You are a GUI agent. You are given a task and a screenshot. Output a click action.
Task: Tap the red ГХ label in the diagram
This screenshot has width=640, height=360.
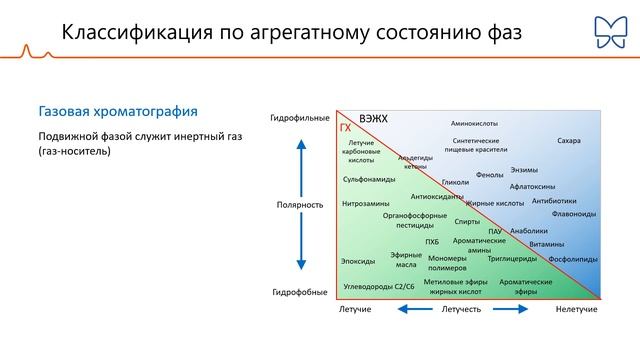(x=345, y=129)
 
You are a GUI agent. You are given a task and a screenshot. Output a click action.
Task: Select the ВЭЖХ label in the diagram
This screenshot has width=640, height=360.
(x=373, y=119)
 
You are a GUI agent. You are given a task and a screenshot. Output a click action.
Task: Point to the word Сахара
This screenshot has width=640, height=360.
(x=569, y=141)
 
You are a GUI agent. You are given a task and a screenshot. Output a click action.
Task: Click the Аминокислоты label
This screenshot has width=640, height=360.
(x=474, y=123)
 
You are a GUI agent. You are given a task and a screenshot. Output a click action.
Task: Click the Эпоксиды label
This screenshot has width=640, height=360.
(x=358, y=261)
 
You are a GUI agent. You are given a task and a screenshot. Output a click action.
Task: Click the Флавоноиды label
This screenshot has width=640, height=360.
(x=574, y=213)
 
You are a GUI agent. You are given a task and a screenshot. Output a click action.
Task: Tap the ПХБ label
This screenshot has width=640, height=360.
(x=431, y=241)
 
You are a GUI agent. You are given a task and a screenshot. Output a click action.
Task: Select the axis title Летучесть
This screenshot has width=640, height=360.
(x=461, y=310)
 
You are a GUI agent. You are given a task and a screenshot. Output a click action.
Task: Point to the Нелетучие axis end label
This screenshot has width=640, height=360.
(x=577, y=310)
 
